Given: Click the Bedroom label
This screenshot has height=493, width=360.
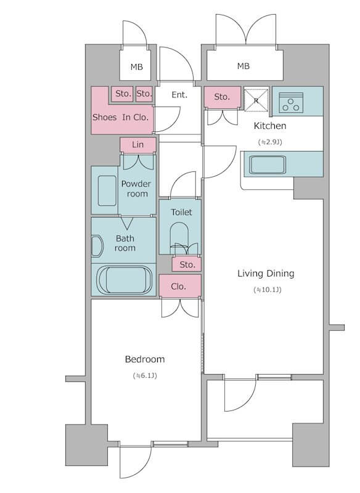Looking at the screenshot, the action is (145, 359).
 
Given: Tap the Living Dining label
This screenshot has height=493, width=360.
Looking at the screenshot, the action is (266, 274).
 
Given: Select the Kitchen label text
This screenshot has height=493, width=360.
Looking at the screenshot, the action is (270, 126).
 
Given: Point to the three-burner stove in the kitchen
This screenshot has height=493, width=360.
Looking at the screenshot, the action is (291, 102).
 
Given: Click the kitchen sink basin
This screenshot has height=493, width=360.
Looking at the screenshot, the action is (268, 165).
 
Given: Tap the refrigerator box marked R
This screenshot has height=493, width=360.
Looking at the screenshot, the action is (256, 100).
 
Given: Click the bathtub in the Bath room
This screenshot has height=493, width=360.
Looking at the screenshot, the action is (124, 280).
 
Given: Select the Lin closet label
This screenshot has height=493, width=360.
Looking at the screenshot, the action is (137, 145).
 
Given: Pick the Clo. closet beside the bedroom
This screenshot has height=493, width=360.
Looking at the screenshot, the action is (180, 286).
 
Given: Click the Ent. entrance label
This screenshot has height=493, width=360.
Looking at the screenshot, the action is (179, 95).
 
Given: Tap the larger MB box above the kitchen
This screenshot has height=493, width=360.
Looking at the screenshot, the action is (245, 65).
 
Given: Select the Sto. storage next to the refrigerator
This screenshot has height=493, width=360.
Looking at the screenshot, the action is (223, 97).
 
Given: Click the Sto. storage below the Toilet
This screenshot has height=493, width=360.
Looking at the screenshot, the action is (187, 264).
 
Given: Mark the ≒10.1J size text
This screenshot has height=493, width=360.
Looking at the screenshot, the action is (268, 290).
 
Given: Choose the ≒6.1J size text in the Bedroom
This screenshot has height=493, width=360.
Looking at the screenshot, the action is (145, 375).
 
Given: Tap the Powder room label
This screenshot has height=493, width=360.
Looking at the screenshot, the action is (136, 189).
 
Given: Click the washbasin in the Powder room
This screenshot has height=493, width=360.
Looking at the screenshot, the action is (107, 191).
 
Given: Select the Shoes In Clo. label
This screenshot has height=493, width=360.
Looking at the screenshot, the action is (120, 117).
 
